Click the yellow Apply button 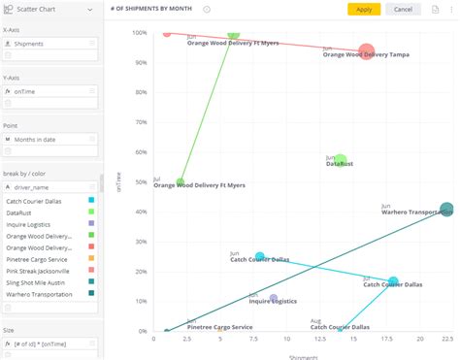[364, 9]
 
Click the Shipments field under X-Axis [50, 44]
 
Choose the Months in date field [50, 140]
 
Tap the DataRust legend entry [49, 212]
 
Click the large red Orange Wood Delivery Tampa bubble [366, 52]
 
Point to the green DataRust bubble [340, 160]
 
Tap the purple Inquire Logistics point [273, 299]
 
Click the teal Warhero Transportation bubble [446, 210]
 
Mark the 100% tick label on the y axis [139, 32]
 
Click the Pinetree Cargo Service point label [219, 327]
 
